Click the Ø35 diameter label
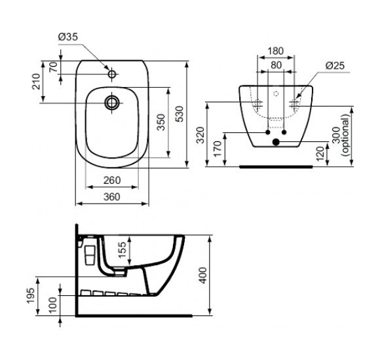pyautogui.click(x=69, y=37)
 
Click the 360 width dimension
pyautogui.click(x=113, y=196)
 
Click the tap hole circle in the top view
pyautogui.click(x=113, y=74)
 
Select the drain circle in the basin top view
pyautogui.click(x=113, y=102)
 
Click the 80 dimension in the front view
pyautogui.click(x=276, y=65)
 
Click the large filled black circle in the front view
pyautogui.click(x=276, y=141)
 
